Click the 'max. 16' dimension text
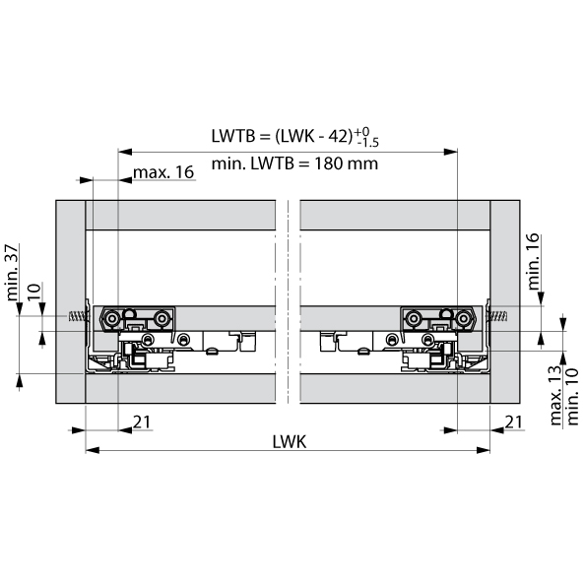point(163,172)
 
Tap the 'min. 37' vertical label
point(12,272)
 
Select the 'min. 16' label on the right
point(534,261)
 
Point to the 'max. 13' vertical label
point(555,396)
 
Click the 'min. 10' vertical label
point(572,397)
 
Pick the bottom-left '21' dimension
point(142,422)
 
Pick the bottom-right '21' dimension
point(514,422)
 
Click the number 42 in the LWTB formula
point(338,136)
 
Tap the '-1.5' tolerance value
point(367,143)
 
